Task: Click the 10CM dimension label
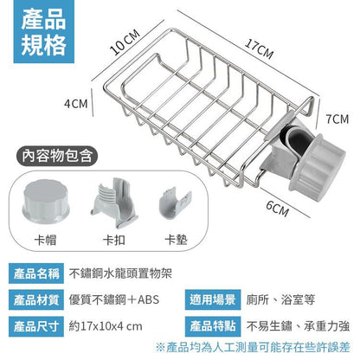125,42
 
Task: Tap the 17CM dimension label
259,49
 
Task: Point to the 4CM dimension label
76,104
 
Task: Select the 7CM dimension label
337,119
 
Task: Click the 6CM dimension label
277,209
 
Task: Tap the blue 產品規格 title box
44,32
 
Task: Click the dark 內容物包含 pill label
57,156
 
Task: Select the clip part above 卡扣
114,202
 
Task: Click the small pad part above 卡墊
175,203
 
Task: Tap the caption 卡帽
45,240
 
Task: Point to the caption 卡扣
114,240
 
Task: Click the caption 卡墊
176,240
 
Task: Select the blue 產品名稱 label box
36,273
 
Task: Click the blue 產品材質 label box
36,300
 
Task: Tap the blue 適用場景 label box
213,300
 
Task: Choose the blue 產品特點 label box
213,326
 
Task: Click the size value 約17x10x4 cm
106,326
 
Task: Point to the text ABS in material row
149,300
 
